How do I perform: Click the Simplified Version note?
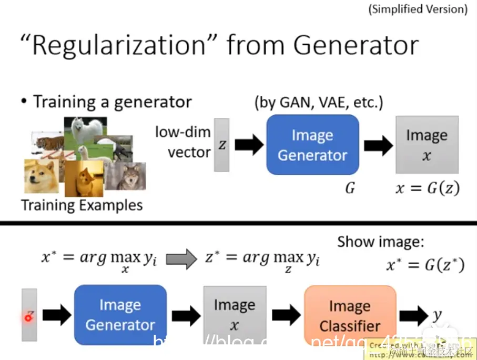tap(418, 9)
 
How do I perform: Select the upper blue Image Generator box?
tap(312, 145)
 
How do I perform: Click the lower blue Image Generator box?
tap(120, 314)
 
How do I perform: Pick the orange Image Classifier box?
tap(350, 315)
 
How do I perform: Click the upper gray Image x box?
tap(427, 144)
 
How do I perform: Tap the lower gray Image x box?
tap(234, 314)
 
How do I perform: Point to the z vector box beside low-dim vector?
tap(221, 145)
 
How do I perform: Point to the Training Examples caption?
tap(82, 205)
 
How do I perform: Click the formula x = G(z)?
tap(428, 188)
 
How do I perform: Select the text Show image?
tap(380, 242)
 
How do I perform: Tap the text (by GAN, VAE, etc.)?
tap(318, 102)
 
